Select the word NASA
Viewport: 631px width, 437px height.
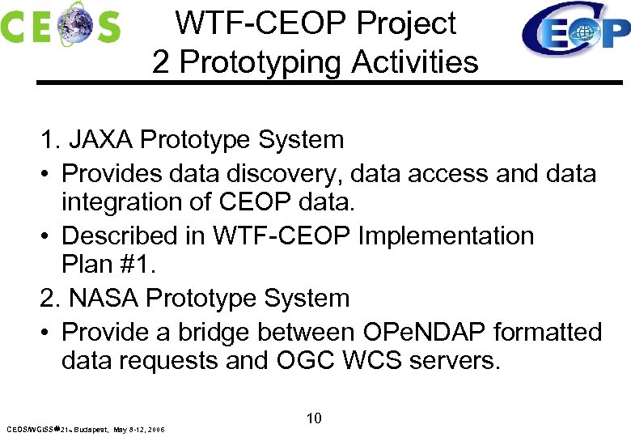click(x=102, y=299)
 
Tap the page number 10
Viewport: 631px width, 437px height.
click(x=315, y=418)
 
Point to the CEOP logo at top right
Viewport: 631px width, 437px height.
click(x=574, y=30)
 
